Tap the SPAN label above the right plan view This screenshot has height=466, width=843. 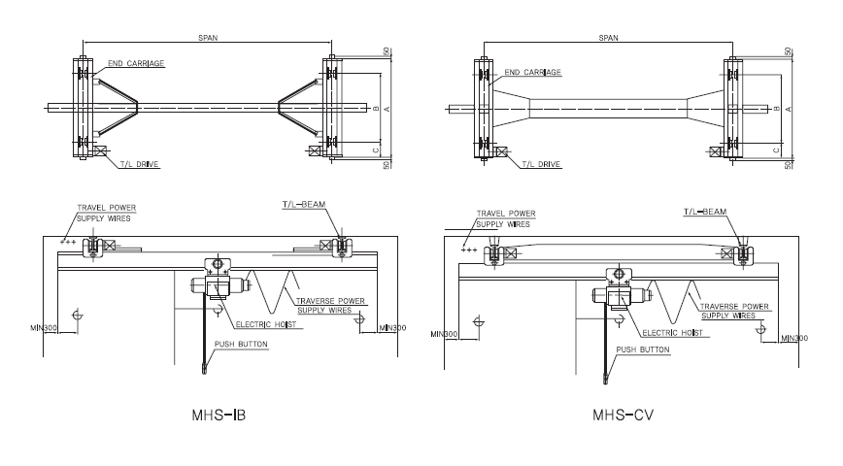click(609, 38)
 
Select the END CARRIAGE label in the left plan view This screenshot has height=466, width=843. click(136, 64)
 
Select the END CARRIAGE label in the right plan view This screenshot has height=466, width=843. click(533, 72)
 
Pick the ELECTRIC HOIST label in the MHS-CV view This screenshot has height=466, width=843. click(671, 332)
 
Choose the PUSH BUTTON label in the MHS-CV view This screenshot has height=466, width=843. click(643, 349)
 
